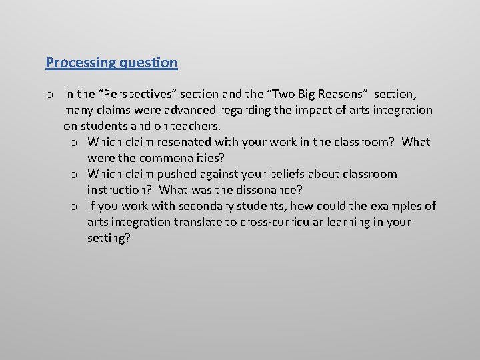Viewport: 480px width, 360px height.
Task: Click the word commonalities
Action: point(181,158)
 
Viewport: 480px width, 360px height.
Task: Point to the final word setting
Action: point(108,238)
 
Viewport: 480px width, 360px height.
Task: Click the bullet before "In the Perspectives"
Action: point(49,95)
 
